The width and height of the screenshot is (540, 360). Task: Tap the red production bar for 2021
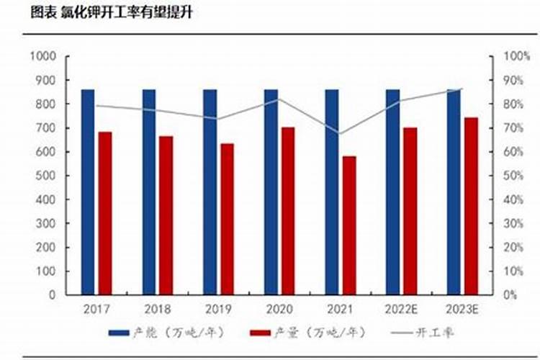tap(349, 225)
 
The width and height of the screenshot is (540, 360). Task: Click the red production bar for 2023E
tap(471, 205)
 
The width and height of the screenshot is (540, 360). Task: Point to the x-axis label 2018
tap(157, 309)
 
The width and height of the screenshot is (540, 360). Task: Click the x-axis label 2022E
tap(401, 309)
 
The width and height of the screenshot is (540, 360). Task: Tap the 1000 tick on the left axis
tap(44, 56)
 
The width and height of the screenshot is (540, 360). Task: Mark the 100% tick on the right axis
tap(517, 56)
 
